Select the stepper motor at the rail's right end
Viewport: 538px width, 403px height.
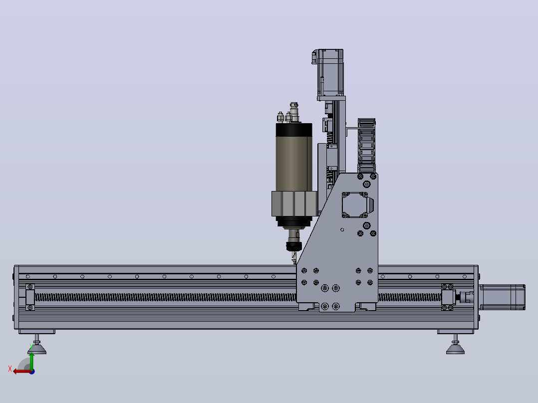coord(502,297)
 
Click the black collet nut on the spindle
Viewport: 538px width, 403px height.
coord(293,246)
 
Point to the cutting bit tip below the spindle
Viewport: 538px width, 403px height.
coord(294,263)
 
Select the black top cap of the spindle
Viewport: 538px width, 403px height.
coord(294,130)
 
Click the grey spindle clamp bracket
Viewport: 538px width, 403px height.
coord(295,203)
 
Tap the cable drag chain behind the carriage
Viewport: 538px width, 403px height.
coord(366,146)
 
